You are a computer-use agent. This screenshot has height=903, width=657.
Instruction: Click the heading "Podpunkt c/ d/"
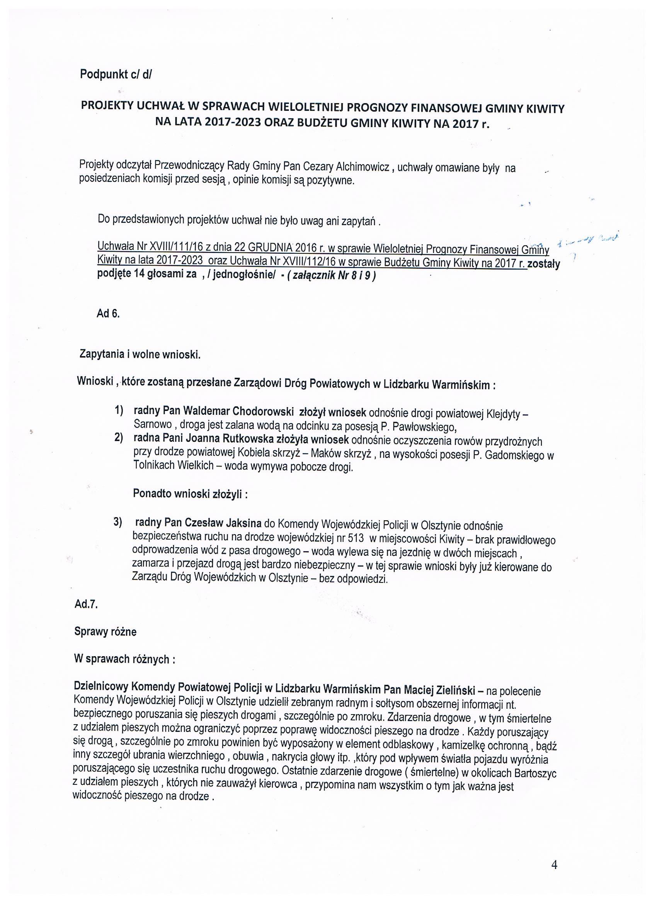click(116, 75)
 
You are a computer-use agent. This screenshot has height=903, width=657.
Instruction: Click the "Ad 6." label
click(108, 314)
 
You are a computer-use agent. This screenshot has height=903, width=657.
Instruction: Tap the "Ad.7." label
click(86, 604)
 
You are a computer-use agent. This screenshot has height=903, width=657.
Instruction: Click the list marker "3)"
click(118, 522)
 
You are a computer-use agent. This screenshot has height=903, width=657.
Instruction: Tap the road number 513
click(356, 538)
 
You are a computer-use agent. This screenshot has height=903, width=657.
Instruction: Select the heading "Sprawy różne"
click(105, 632)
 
